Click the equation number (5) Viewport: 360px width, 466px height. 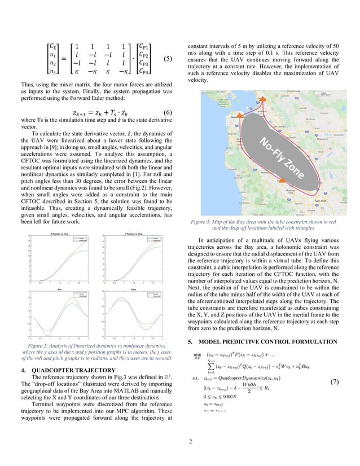(x=167, y=59)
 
